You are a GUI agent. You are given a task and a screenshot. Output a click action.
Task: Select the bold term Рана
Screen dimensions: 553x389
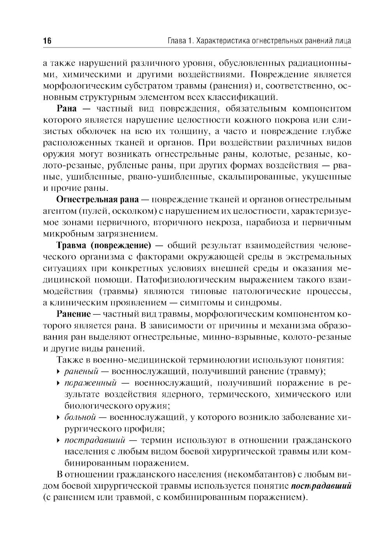(x=68, y=108)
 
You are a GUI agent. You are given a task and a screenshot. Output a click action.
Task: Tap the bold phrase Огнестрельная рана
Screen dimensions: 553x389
(x=97, y=200)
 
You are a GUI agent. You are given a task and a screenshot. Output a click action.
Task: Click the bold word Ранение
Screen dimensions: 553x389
(x=74, y=314)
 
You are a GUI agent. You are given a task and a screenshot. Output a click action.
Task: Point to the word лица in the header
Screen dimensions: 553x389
(x=343, y=41)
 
